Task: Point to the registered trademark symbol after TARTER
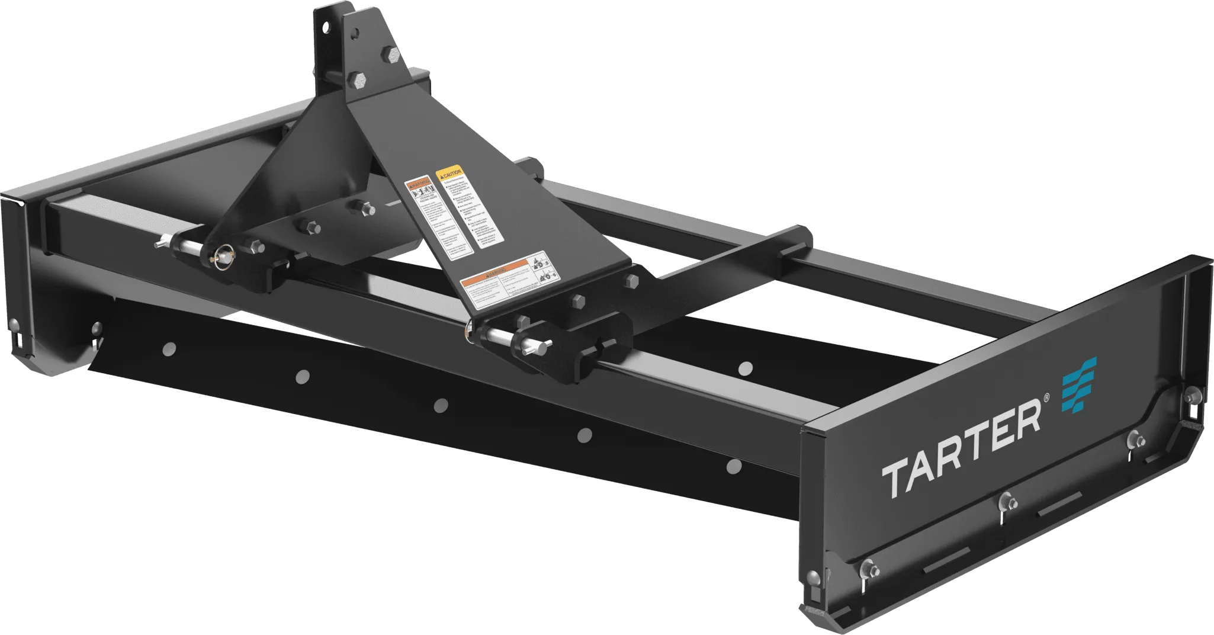click(x=1046, y=402)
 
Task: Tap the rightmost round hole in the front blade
click(x=733, y=466)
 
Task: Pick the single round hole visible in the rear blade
click(x=746, y=368)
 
